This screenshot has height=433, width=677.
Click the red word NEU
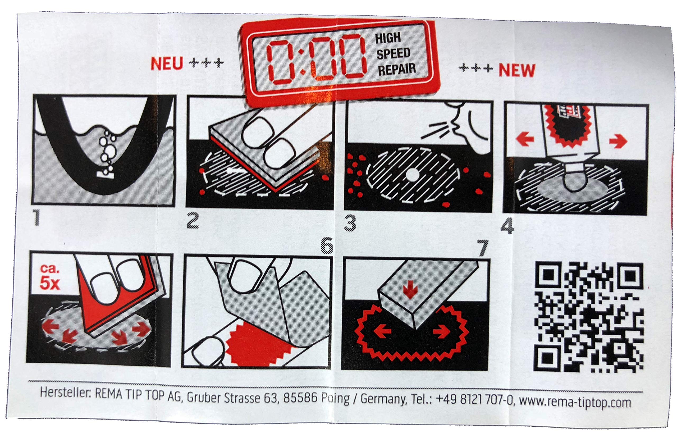click(167, 64)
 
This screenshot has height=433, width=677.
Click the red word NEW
click(517, 71)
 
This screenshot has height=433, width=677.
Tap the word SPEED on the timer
click(393, 53)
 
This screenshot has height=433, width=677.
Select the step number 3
click(350, 223)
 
